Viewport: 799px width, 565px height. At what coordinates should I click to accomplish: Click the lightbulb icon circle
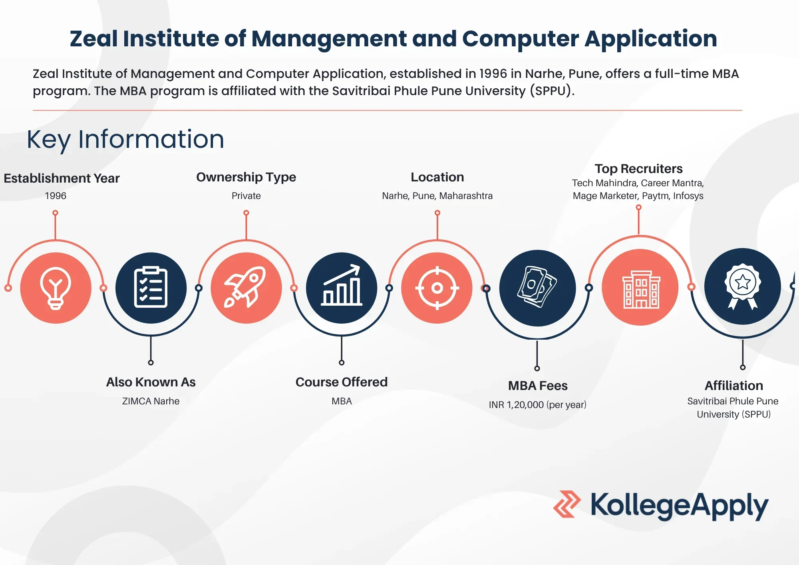[x=56, y=288]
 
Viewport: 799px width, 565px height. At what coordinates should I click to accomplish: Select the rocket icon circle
[x=246, y=288]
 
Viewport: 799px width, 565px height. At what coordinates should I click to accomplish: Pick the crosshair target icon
[x=437, y=288]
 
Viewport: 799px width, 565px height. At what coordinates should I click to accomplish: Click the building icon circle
[x=640, y=287]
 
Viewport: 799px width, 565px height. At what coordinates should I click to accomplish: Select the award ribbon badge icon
[x=743, y=286]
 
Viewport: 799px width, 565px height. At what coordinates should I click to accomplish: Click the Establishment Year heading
[x=62, y=178]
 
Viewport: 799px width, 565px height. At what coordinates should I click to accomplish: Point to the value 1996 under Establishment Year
[x=56, y=196]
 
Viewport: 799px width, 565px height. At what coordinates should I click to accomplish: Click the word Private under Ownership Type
[x=246, y=196]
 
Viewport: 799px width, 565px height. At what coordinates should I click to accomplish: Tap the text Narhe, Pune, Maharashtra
[x=437, y=196]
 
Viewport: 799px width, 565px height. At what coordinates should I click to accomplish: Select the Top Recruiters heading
[x=638, y=169]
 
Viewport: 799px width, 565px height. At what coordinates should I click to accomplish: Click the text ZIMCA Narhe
[x=151, y=401]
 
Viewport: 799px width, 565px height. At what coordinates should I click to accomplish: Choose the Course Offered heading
[x=342, y=382]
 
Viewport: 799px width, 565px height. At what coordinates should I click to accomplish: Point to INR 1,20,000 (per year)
[x=538, y=405]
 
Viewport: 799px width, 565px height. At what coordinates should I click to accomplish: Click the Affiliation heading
[x=734, y=386]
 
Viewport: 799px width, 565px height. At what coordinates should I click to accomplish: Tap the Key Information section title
[x=125, y=139]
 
